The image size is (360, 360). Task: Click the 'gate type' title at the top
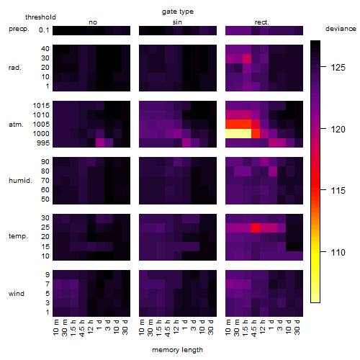(178, 12)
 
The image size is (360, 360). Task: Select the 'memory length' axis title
(177, 350)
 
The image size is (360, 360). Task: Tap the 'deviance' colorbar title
(341, 29)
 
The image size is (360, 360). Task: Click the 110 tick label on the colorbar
(338, 252)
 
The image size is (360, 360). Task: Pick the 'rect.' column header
(262, 22)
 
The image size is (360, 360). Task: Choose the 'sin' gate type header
(177, 22)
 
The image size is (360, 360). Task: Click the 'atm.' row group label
(16, 125)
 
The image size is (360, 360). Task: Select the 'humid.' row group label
(20, 181)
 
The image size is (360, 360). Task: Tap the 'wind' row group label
(17, 294)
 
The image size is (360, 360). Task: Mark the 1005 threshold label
(41, 125)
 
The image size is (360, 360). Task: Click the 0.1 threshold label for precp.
(44, 30)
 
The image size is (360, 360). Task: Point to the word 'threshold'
(40, 17)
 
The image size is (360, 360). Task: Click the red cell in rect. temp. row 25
(256, 228)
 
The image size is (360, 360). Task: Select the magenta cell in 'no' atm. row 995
(100, 143)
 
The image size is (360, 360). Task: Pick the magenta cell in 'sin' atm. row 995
(186, 143)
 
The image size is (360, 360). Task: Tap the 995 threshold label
(43, 143)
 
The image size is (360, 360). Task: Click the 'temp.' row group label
(18, 236)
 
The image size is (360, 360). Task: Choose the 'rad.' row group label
(15, 68)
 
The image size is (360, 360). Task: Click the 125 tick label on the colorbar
(338, 68)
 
